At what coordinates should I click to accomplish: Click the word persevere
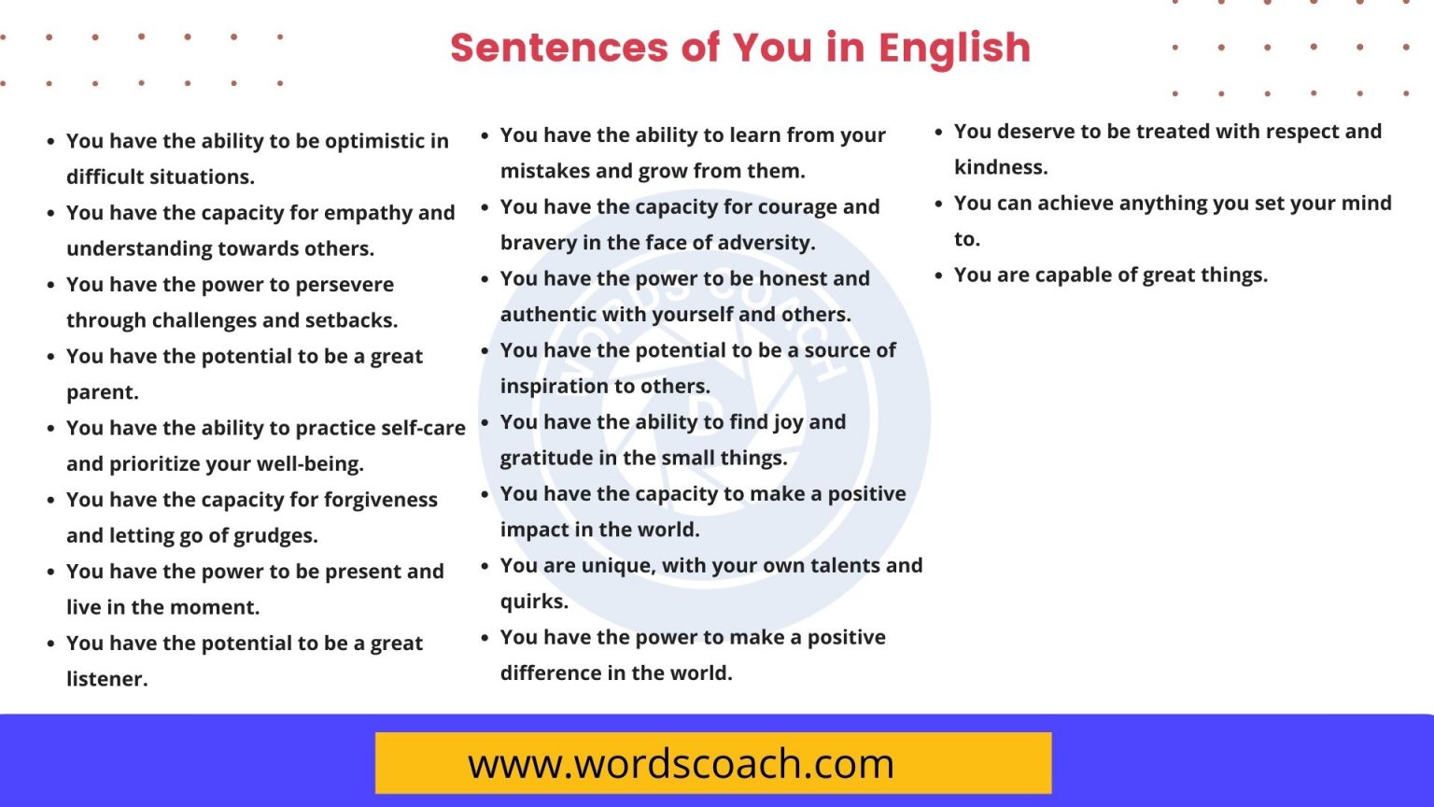point(344,285)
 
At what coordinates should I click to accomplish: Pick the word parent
point(102,392)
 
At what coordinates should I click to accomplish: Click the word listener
point(106,679)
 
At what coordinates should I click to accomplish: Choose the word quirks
point(533,602)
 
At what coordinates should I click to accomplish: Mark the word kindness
point(1001,167)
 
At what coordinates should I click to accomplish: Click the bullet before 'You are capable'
point(938,276)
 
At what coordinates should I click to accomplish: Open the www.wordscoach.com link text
point(682,764)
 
